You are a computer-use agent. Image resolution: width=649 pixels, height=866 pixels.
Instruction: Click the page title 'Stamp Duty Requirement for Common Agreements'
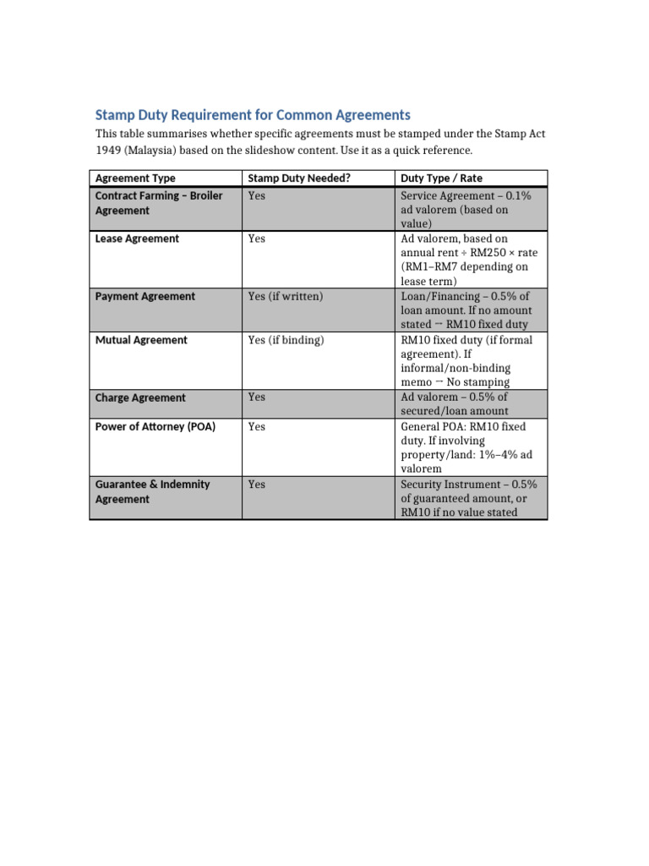pos(253,115)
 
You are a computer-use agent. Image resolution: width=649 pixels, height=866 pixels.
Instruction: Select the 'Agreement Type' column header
pos(135,178)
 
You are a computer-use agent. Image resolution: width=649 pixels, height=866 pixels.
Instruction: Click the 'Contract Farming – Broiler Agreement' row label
pos(159,203)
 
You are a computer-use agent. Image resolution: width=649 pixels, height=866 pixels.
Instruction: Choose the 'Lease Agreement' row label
pos(137,239)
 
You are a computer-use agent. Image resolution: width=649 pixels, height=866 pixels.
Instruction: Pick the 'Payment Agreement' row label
pos(145,297)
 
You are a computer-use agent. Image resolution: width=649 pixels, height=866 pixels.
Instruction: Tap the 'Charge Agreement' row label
pos(140,397)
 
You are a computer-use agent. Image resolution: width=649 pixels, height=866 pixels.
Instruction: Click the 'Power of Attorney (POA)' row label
pos(155,427)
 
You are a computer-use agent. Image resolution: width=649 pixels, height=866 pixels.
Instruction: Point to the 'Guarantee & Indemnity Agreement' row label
pos(152,491)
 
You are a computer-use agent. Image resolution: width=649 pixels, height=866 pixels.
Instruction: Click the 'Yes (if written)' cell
pos(286,297)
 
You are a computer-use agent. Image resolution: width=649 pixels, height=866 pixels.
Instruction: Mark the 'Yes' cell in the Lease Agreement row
pos(257,239)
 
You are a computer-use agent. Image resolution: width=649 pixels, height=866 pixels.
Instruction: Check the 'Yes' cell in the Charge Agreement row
pos(257,397)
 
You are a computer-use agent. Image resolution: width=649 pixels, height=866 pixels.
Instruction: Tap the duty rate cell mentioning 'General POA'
pos(469,447)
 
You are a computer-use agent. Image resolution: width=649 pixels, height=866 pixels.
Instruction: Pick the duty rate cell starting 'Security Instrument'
pos(469,498)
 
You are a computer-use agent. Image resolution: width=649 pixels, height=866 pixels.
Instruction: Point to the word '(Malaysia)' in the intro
pos(153,151)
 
